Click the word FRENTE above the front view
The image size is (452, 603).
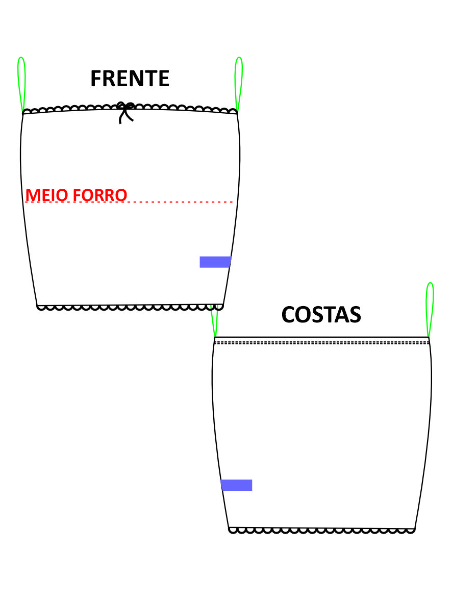(x=130, y=79)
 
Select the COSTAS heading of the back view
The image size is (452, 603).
(x=321, y=315)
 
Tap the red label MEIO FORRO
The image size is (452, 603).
(x=76, y=195)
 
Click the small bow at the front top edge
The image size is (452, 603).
(x=126, y=112)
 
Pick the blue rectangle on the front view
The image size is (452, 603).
(x=215, y=262)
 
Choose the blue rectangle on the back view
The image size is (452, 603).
(x=237, y=485)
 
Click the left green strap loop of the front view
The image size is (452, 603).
(x=21, y=85)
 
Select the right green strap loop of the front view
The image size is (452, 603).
(x=239, y=85)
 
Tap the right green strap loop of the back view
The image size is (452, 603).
(x=430, y=310)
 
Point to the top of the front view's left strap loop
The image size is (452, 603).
(x=21, y=57)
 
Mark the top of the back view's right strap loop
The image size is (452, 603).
(x=431, y=283)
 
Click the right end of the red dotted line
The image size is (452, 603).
(x=232, y=202)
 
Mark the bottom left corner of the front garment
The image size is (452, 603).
(x=37, y=306)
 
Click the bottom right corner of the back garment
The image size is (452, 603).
(x=415, y=529)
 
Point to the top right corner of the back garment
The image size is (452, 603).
(x=429, y=337)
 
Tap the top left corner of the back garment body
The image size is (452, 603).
(x=215, y=337)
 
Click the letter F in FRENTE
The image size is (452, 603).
(x=96, y=79)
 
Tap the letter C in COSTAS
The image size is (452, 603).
(x=288, y=315)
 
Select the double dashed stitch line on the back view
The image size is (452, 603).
(x=321, y=342)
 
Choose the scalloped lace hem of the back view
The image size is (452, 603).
(x=322, y=531)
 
